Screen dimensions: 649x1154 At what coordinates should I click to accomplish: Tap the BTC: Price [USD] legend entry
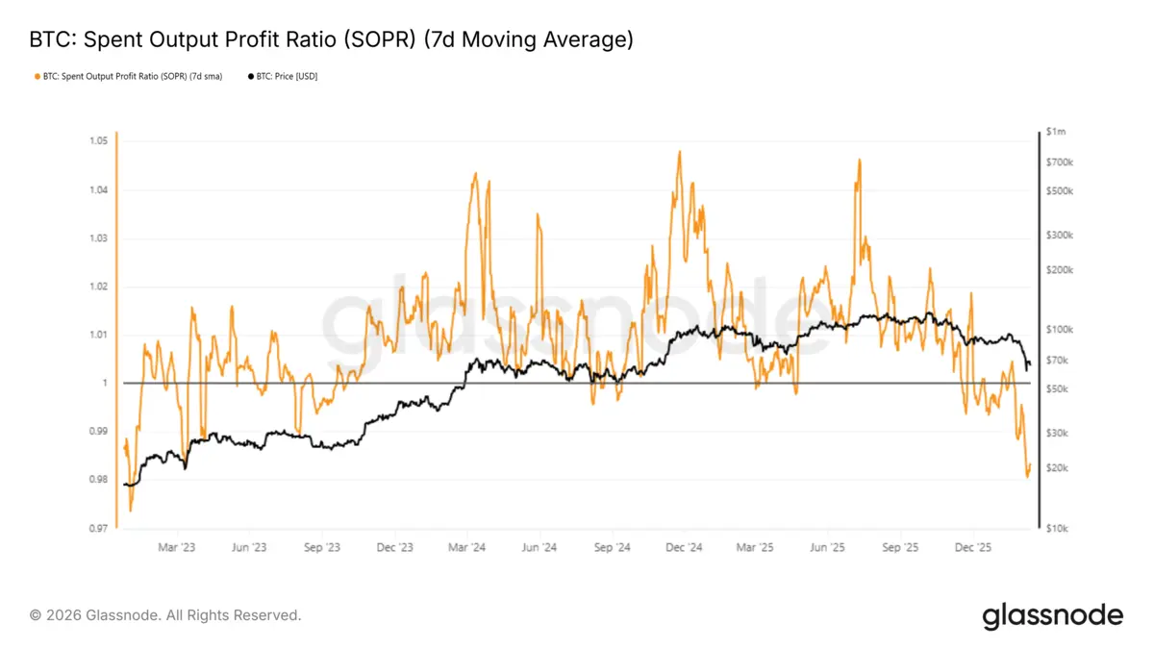[x=283, y=76]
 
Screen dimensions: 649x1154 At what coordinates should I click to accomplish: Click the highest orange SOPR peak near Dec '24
[x=679, y=151]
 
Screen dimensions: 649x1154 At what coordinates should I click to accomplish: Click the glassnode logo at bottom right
[x=1052, y=615]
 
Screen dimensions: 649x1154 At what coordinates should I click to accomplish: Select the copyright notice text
[x=165, y=615]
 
